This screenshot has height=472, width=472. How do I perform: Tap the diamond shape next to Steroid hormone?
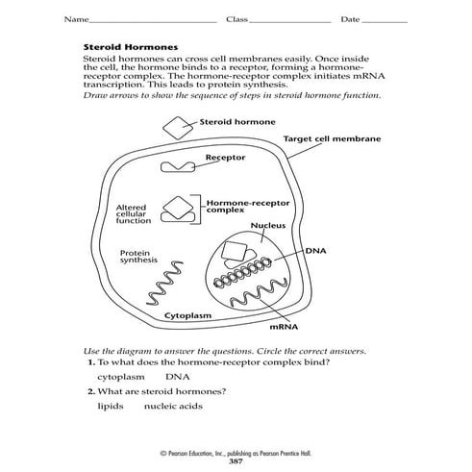176,126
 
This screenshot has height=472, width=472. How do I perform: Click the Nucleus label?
270,226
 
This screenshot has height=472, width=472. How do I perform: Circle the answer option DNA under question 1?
178,378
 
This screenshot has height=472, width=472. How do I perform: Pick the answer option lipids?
112,406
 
